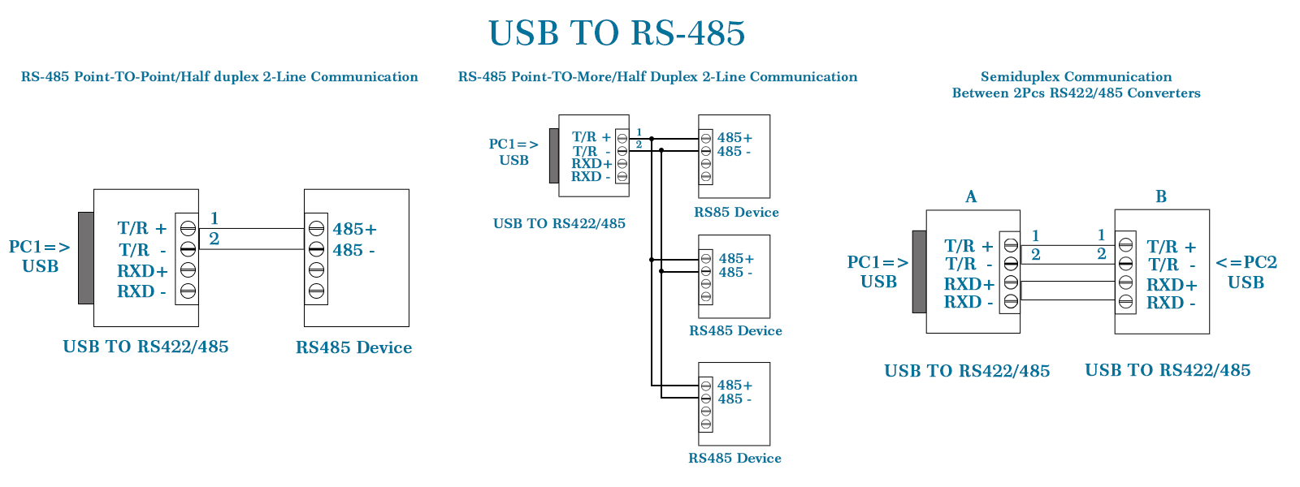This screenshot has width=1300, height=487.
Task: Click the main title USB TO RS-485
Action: click(x=617, y=33)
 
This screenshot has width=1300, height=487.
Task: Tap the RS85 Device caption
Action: click(x=736, y=212)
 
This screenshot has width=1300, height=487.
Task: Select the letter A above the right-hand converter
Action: click(x=971, y=196)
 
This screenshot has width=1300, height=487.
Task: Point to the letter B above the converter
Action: click(x=1161, y=196)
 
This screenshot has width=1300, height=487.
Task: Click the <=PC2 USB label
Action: click(x=1246, y=272)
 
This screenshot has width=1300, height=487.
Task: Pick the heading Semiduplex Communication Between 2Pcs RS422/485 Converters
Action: click(x=1076, y=84)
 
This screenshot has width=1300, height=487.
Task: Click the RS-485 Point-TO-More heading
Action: click(x=657, y=76)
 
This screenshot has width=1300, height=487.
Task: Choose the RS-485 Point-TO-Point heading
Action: click(x=219, y=76)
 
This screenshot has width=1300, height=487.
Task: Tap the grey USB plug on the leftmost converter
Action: click(x=85, y=258)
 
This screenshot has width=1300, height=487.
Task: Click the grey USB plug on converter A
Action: click(x=919, y=271)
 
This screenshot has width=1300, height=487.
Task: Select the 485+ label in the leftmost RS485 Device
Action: click(x=354, y=229)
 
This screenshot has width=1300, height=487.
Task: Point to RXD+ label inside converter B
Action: click(x=1172, y=285)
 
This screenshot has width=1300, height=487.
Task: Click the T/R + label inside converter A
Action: click(x=968, y=246)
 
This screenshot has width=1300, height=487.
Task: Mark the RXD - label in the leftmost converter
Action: click(x=141, y=291)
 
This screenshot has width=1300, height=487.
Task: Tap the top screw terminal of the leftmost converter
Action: click(x=188, y=228)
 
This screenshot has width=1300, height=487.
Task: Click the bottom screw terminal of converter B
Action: click(x=1125, y=302)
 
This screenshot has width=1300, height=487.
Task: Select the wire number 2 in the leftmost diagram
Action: click(x=214, y=239)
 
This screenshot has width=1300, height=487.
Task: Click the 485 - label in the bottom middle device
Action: click(x=734, y=399)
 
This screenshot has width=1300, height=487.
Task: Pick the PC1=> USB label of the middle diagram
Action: click(x=513, y=152)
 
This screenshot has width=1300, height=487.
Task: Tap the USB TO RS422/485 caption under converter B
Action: click(x=1168, y=370)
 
